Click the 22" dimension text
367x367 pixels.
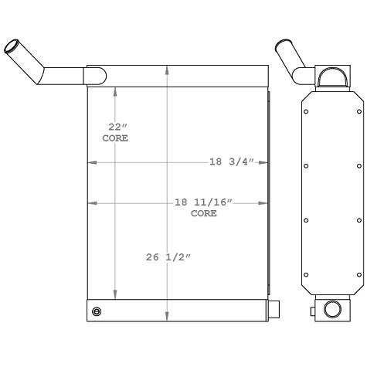click(115, 126)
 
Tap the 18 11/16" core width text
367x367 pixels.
click(204, 202)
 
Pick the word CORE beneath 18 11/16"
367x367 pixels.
click(204, 213)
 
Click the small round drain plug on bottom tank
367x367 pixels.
click(96, 311)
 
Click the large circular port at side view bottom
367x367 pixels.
click(332, 310)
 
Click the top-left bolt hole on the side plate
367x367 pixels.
click(307, 112)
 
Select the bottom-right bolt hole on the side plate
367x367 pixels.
click(359, 274)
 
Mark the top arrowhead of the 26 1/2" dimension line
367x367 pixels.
click(168, 70)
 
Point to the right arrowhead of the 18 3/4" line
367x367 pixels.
click(263, 163)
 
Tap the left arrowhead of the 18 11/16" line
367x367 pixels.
click(92, 202)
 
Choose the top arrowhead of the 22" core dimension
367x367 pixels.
click(116, 90)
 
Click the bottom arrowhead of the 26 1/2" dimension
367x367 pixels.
click(168, 318)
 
